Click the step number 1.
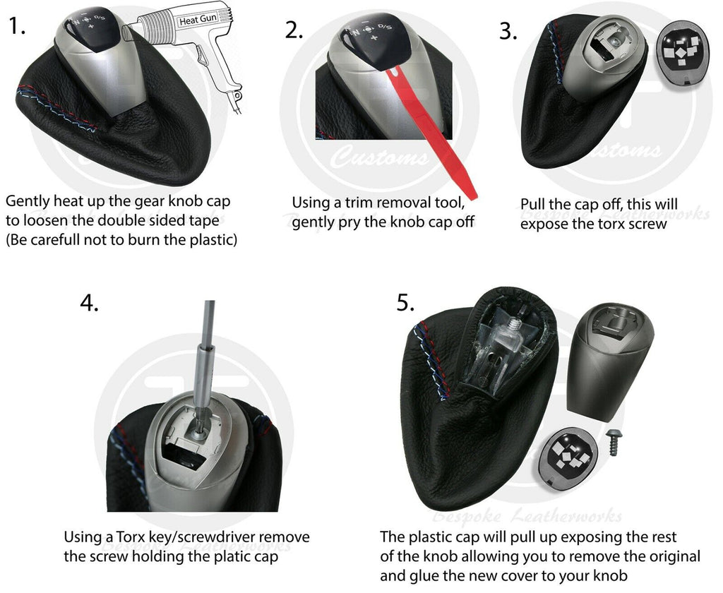tap(17, 26)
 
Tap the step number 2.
tap(294, 30)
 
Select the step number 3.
tap(508, 31)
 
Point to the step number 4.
tap(89, 303)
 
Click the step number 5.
tap(406, 303)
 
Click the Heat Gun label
tap(198, 20)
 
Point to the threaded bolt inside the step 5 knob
tap(513, 324)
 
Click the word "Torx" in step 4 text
tap(130, 537)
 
